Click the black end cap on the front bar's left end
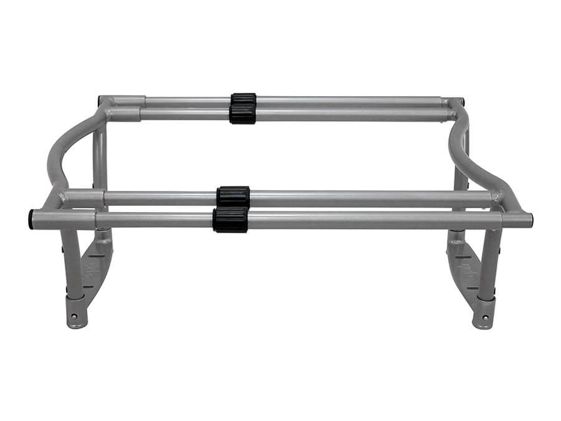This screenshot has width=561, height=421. (x=31, y=220)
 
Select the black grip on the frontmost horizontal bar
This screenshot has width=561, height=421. (x=230, y=220)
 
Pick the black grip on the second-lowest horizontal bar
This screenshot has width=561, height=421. (x=233, y=196)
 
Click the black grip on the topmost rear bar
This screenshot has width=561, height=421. (x=243, y=100)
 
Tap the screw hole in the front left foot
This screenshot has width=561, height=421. (x=74, y=317)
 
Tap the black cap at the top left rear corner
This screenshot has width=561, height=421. (x=100, y=100)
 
